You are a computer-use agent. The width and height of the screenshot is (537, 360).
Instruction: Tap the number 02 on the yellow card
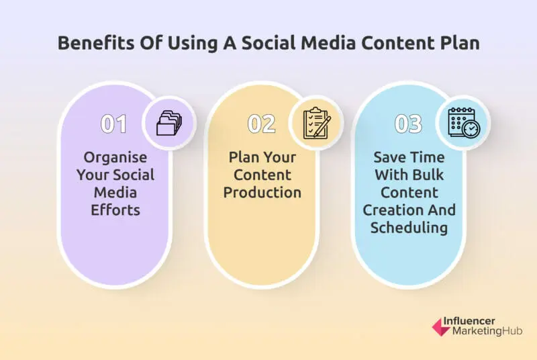[262, 124]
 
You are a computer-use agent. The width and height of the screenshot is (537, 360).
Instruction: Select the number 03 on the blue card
[409, 124]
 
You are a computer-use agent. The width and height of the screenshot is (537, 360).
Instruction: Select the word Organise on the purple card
[115, 158]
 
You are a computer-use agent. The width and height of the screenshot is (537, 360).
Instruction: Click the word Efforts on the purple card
[115, 210]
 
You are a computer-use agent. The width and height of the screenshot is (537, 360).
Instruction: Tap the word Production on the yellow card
[262, 193]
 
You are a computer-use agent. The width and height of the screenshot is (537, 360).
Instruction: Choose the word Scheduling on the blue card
[409, 228]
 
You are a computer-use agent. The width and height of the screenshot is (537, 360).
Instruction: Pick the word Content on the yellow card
[262, 175]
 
